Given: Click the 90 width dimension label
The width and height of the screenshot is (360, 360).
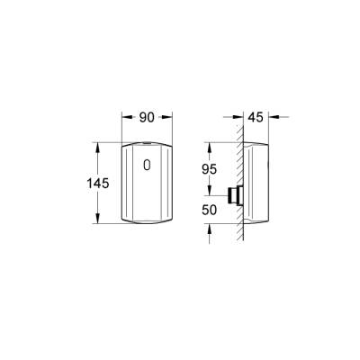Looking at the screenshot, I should [x=148, y=117].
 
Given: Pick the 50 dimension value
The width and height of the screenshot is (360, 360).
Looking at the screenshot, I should [x=209, y=209].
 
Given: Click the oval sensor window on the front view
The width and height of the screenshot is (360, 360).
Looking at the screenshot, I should [x=148, y=166].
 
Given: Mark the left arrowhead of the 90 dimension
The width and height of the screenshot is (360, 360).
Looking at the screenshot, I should [x=124, y=117].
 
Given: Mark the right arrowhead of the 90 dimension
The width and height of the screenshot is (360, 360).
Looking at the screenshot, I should [x=170, y=117].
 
